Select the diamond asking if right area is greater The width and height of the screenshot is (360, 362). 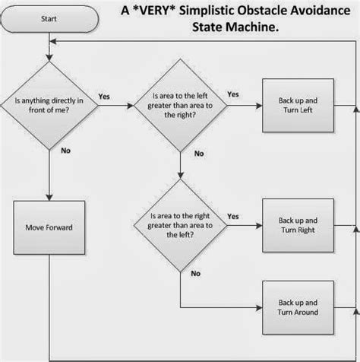(x=180, y=226)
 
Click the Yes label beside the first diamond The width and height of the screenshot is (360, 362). (x=103, y=96)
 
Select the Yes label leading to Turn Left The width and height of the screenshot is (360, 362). (x=232, y=94)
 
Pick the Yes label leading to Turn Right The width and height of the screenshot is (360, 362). (x=232, y=216)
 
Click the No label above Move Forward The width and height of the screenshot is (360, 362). (x=66, y=151)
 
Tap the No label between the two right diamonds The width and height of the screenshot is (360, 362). (x=199, y=154)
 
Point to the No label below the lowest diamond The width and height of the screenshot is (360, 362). (x=196, y=272)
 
